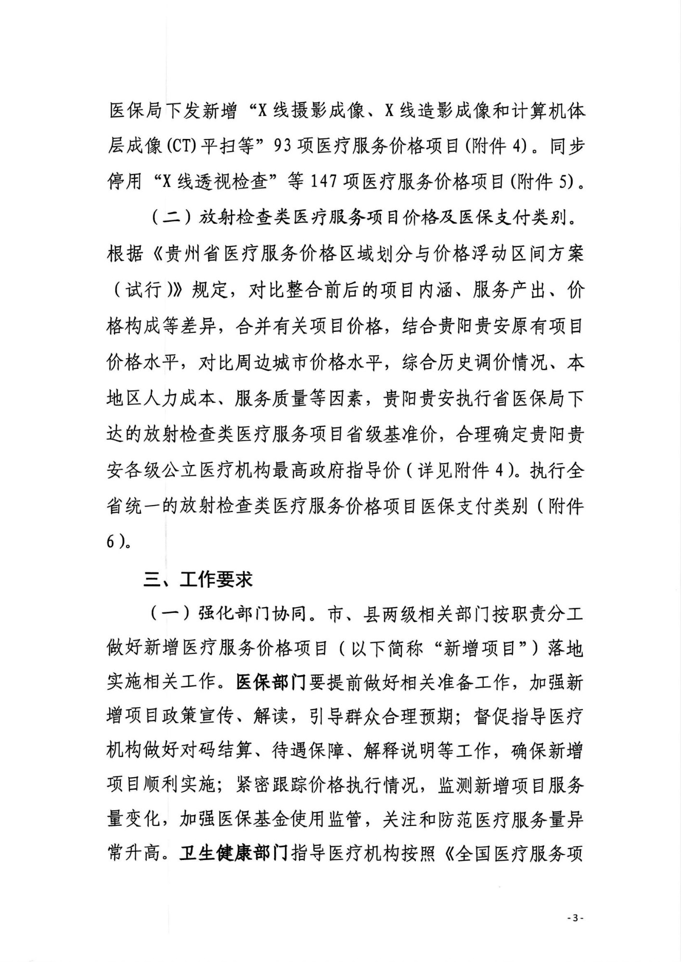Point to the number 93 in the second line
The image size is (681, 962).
(283, 146)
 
